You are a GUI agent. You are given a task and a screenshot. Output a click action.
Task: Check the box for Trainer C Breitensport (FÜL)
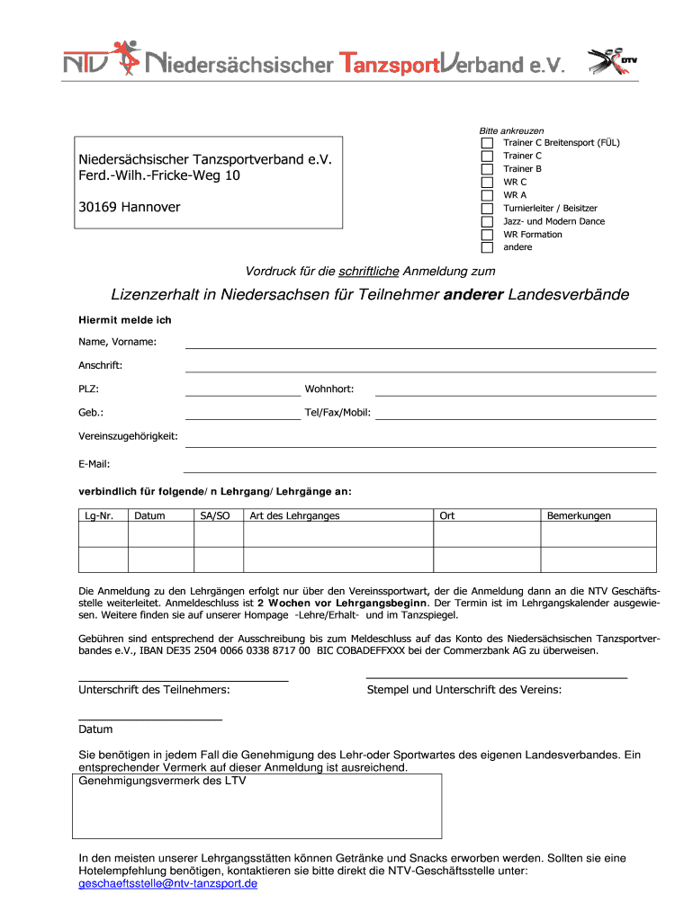tap(487, 143)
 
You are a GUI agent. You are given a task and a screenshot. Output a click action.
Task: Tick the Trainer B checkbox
tap(487, 169)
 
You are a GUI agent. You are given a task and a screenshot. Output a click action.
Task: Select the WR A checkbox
tap(487, 195)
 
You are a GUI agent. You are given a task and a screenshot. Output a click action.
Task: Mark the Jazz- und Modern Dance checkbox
tap(487, 221)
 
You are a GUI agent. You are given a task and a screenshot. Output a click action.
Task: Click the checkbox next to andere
tap(487, 247)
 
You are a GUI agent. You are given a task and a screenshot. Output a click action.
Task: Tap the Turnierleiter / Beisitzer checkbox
tap(487, 208)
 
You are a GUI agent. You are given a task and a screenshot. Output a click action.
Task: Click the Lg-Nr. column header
tap(103, 516)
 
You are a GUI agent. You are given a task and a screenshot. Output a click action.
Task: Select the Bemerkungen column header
tap(580, 516)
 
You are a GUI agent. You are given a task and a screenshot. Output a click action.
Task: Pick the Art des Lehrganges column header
tap(294, 516)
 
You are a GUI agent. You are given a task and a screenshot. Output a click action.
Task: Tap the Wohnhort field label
tap(329, 389)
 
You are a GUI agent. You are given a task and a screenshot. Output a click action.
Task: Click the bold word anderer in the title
tap(474, 295)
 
